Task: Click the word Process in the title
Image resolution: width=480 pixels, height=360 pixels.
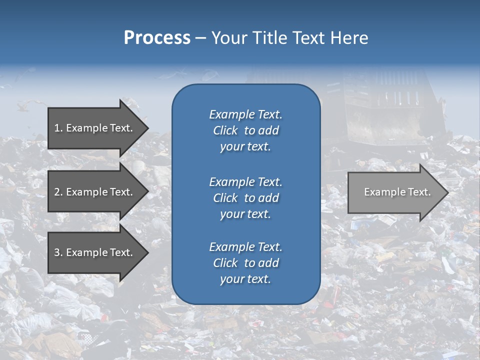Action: tap(157, 38)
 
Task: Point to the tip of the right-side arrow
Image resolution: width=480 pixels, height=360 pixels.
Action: tap(447, 192)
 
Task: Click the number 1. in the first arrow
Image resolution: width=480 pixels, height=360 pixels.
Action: tap(58, 128)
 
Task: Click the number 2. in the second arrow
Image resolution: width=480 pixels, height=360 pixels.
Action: tap(58, 192)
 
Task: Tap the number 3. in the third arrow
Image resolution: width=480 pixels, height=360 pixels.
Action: tap(58, 252)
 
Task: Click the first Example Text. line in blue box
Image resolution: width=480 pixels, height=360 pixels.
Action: tap(245, 114)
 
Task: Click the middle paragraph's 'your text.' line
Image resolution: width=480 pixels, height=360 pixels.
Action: tap(245, 214)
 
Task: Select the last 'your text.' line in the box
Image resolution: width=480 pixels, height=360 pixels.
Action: tap(245, 279)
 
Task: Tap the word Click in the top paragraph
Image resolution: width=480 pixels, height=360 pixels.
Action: tap(225, 130)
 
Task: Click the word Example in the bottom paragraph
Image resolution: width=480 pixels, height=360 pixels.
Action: tap(232, 247)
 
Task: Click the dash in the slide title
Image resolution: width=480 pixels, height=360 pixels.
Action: tap(200, 38)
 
